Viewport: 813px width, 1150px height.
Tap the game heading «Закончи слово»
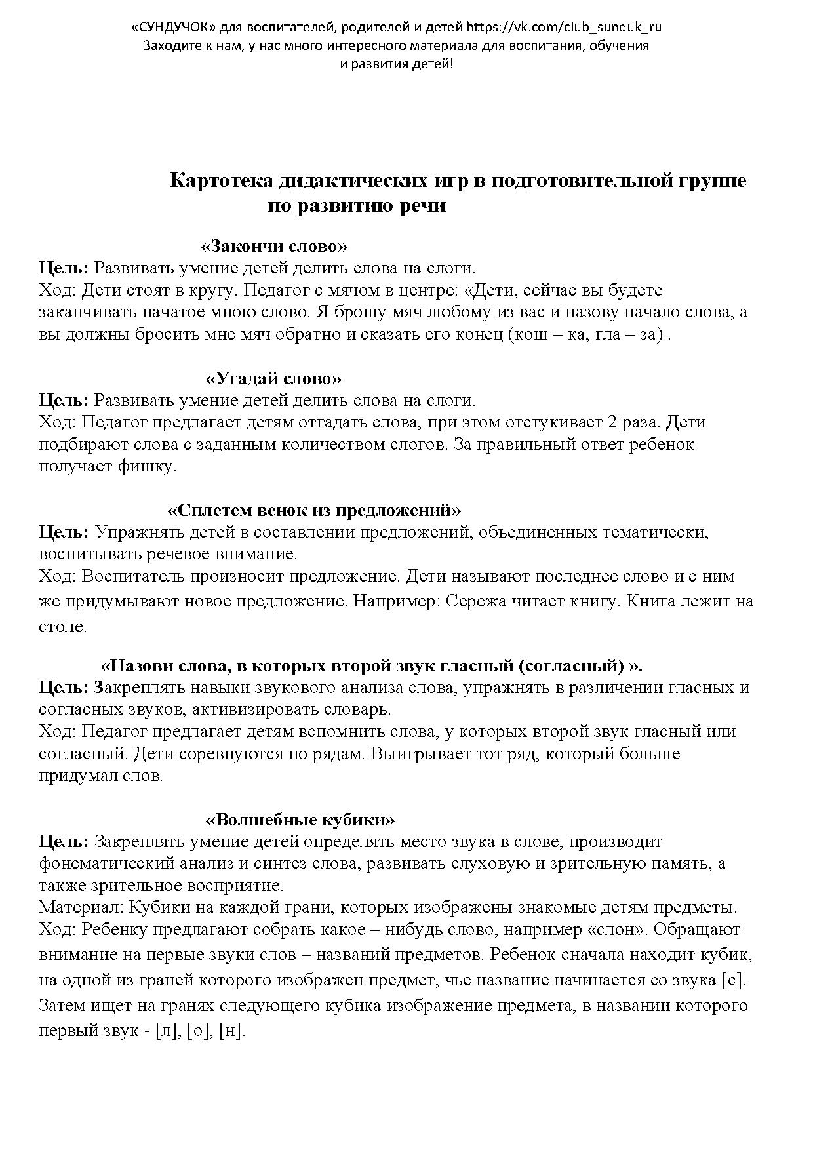tap(273, 247)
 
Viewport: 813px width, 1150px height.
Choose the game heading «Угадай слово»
tap(274, 378)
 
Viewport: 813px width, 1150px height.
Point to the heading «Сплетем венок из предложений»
tap(315, 510)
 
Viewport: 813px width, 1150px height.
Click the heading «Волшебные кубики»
tap(300, 820)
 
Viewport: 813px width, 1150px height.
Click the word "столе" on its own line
tap(62, 626)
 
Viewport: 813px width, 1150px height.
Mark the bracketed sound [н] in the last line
tap(231, 1030)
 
